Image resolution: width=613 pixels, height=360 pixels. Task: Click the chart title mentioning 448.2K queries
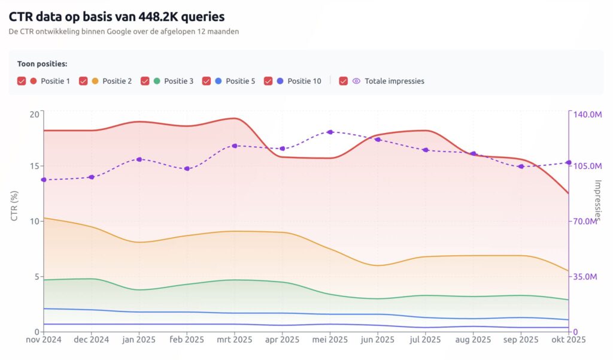[117, 17]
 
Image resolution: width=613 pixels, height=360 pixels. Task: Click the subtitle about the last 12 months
[124, 32]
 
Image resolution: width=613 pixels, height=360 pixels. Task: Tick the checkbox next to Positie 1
[22, 81]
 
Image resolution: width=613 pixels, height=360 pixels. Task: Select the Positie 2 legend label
[117, 81]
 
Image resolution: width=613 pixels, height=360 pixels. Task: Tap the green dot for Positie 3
[157, 81]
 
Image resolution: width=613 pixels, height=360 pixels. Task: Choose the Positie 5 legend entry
[240, 81]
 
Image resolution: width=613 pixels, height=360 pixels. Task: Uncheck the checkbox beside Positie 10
[268, 81]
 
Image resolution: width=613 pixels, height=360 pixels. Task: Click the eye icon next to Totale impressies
[356, 81]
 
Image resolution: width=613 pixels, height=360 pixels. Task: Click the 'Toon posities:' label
[42, 63]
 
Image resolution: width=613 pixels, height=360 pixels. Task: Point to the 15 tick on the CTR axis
[34, 166]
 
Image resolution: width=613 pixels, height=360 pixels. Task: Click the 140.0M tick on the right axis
[587, 114]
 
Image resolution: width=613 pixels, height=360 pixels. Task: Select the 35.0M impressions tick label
[585, 277]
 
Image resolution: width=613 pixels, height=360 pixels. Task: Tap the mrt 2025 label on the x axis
[234, 340]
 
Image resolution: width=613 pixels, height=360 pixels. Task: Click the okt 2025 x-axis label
[568, 340]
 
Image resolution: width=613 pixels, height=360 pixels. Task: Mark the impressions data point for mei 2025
[330, 132]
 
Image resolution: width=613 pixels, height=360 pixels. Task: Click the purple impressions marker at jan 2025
[139, 159]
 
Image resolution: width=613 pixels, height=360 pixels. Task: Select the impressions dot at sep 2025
[521, 167]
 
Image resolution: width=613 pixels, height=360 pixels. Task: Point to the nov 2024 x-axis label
[44, 340]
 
